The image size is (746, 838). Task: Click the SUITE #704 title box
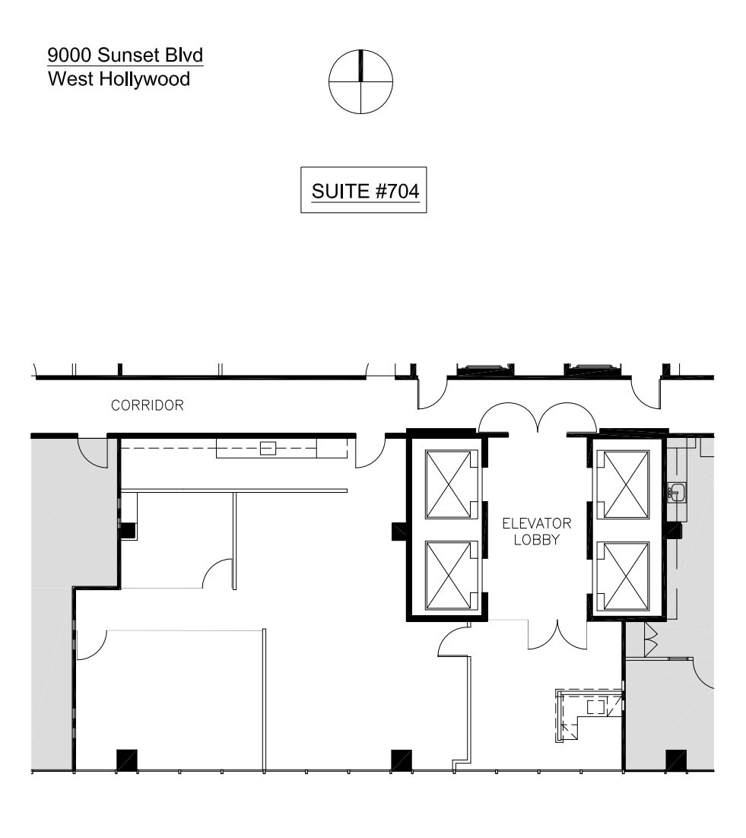363,190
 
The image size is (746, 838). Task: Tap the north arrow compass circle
360,81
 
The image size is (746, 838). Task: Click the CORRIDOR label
148,405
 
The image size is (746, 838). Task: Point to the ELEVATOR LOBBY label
536,532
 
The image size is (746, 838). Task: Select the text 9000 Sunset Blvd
125,56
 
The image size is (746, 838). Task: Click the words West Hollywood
119,79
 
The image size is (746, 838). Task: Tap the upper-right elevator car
622,484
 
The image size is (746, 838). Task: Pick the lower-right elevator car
622,575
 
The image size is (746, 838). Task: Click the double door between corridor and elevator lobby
537,417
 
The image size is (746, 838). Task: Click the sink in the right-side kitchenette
677,493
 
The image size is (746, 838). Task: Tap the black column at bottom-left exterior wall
127,760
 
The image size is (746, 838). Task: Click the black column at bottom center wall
401,760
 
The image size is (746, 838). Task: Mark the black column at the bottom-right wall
676,760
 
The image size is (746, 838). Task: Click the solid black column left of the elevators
399,531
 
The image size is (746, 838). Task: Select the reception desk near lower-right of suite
589,711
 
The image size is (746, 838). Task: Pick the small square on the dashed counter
268,448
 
